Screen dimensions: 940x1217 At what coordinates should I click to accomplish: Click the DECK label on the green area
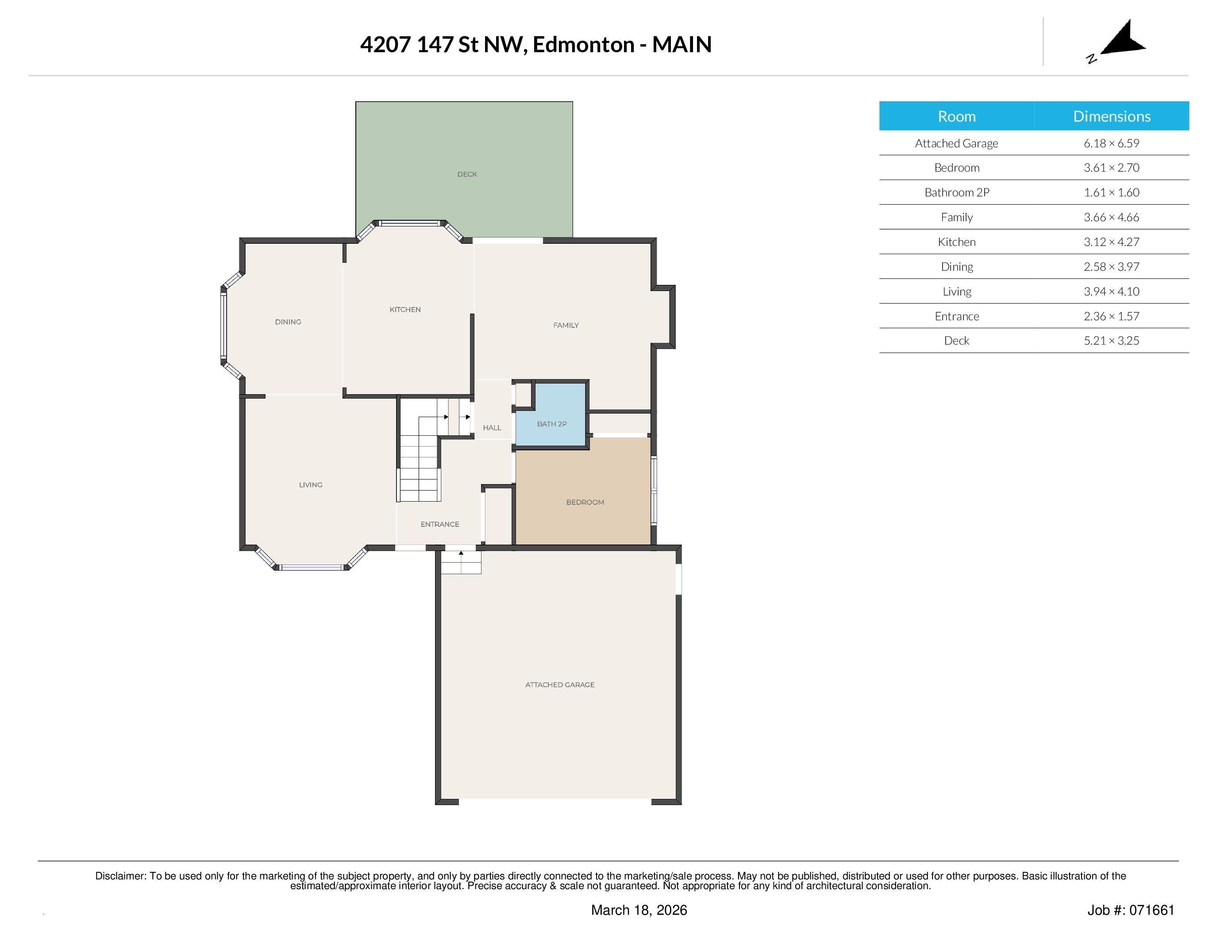467,174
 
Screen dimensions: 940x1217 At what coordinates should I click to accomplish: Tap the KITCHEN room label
405,310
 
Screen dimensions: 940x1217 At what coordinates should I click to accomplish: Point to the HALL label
492,428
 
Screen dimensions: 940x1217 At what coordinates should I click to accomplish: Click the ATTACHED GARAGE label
559,685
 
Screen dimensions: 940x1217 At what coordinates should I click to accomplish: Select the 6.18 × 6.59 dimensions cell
1111,143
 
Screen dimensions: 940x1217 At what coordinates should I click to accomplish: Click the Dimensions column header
1111,116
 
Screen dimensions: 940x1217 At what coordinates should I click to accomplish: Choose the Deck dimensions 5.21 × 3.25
1111,341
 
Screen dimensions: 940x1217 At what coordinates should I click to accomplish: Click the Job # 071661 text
1131,910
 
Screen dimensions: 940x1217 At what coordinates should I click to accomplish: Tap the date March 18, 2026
639,910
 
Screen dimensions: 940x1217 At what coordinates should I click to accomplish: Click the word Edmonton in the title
583,45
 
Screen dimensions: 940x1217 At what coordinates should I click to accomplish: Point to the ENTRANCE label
439,525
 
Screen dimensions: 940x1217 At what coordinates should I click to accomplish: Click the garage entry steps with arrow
461,562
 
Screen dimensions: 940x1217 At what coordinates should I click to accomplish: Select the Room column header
956,116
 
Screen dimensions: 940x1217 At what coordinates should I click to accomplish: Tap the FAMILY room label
566,325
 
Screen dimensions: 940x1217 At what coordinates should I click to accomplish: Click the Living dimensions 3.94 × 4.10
1111,291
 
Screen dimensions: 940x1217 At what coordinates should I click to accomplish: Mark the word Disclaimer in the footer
120,876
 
